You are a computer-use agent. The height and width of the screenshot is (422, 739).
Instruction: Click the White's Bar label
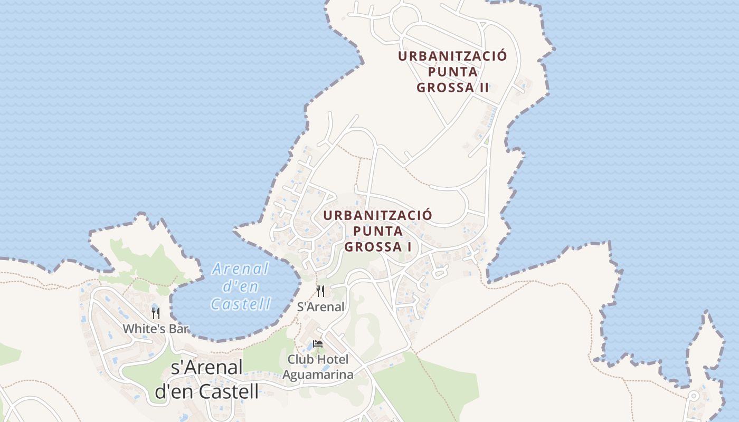[x=155, y=329]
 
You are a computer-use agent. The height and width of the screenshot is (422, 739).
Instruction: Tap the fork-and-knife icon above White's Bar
[x=155, y=313]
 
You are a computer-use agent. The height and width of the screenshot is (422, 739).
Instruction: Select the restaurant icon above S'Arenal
[x=320, y=291]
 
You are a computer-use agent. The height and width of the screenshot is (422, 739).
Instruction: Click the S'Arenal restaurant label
[x=320, y=306]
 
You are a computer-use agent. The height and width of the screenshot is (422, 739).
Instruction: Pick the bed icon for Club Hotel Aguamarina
[x=317, y=344]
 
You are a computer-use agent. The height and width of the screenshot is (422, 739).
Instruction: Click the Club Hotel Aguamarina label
[x=318, y=367]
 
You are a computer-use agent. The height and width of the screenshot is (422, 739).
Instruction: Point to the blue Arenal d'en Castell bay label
[x=241, y=286]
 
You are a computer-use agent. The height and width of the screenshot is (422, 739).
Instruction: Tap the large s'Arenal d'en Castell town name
[x=206, y=379]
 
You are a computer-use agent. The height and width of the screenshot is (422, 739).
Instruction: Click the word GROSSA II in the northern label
[x=452, y=88]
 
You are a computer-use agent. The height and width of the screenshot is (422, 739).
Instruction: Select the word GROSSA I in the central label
[x=377, y=246]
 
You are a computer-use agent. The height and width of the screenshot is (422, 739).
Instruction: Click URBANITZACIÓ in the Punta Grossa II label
[x=452, y=56]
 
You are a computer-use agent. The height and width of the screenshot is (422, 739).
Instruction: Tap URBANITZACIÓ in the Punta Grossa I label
[x=377, y=215]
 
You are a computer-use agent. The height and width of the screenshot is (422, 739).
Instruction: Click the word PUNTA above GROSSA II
[x=452, y=72]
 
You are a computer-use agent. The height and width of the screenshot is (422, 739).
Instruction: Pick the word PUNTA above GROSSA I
[x=377, y=231]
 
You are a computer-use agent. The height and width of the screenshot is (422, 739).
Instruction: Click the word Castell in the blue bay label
[x=241, y=303]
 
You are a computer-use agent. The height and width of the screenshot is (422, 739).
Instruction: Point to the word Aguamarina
[x=318, y=375]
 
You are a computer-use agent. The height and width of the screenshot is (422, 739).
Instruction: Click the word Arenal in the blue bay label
[x=241, y=269]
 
